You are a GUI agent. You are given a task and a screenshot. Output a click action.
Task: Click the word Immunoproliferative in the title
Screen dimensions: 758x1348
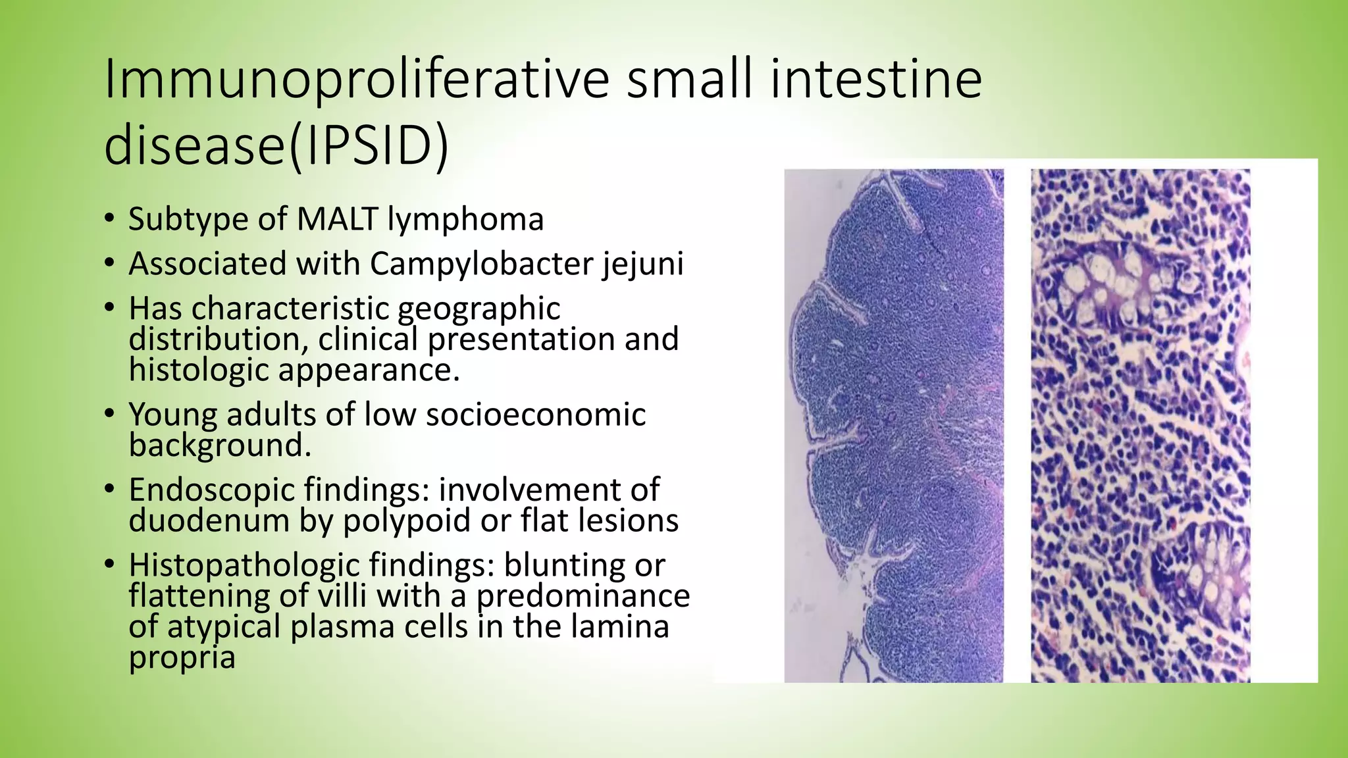pyautogui.click(x=355, y=80)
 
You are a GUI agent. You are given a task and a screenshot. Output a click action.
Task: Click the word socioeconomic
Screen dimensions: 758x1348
pyautogui.click(x=536, y=415)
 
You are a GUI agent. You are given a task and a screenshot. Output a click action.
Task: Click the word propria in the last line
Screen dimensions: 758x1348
pyautogui.click(x=182, y=657)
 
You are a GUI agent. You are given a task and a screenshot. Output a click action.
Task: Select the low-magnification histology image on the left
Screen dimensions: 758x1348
pyautogui.click(x=893, y=425)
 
